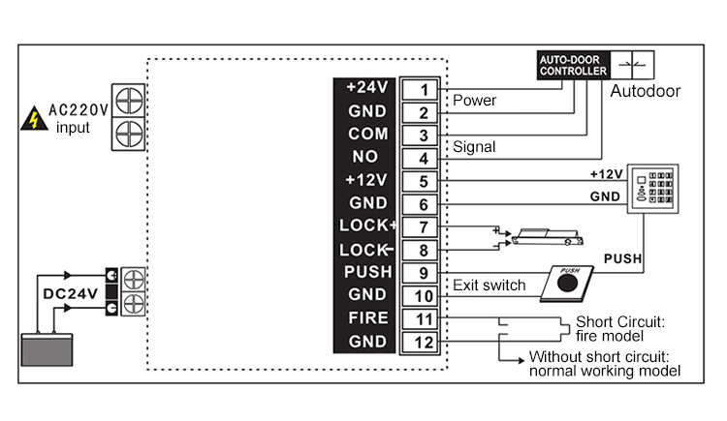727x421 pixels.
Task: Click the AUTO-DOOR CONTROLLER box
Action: tap(572, 64)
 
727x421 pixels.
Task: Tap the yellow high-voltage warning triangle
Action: tap(35, 119)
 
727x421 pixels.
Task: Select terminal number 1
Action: tap(424, 90)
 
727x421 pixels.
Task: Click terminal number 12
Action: tap(424, 342)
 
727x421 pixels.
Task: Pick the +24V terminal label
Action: tap(366, 87)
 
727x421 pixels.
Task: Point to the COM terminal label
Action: tap(366, 134)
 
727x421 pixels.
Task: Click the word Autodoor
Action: tap(645, 92)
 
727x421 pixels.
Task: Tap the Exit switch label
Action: tap(490, 285)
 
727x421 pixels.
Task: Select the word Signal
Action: tap(474, 147)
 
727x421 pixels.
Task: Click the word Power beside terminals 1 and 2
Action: tap(474, 100)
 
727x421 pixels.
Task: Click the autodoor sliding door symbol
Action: tap(633, 64)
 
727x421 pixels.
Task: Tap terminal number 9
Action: tap(424, 273)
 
